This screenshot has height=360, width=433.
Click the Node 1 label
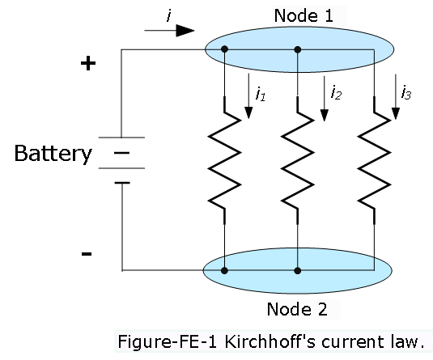(x=304, y=15)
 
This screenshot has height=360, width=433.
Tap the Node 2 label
(x=297, y=309)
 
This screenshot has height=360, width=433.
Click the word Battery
(x=53, y=154)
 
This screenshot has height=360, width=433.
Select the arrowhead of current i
(x=185, y=31)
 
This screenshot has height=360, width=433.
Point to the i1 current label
(x=261, y=94)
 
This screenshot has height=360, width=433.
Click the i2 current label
(x=336, y=92)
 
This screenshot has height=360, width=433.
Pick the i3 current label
(x=406, y=92)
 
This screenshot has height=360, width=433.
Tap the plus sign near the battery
(x=88, y=63)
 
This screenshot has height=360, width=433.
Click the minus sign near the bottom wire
(x=87, y=254)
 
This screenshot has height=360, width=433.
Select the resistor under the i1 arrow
(x=224, y=160)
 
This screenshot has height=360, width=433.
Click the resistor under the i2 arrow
(x=297, y=160)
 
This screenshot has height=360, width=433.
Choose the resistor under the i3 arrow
(x=374, y=160)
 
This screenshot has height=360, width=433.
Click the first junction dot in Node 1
(x=224, y=49)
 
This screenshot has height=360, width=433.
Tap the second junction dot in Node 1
(x=297, y=49)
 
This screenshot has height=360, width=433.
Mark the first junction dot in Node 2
(x=224, y=270)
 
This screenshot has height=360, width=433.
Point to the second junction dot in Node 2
(x=297, y=270)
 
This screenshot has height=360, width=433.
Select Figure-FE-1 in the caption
(x=168, y=342)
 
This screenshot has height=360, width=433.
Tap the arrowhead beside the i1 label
(x=248, y=112)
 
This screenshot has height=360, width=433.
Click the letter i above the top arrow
(x=169, y=15)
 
